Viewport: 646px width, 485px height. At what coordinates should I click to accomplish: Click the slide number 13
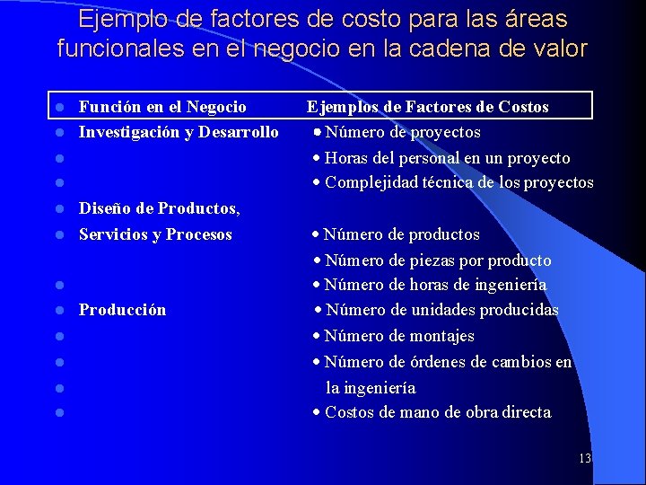coord(585,458)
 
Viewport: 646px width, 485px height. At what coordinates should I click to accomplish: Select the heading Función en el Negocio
coord(162,107)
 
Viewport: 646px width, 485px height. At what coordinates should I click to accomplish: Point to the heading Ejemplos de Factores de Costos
coord(428,107)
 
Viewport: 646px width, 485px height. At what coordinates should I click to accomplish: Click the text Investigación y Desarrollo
coord(179,132)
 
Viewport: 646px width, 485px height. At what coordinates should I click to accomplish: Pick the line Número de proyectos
coord(402,132)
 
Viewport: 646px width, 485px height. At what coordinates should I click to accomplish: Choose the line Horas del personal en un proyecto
coord(447,158)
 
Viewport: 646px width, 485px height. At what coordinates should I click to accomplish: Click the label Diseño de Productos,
coord(160,208)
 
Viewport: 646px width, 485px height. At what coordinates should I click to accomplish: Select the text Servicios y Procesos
coord(155,234)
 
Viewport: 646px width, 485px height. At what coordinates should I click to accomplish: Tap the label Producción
coord(122,310)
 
